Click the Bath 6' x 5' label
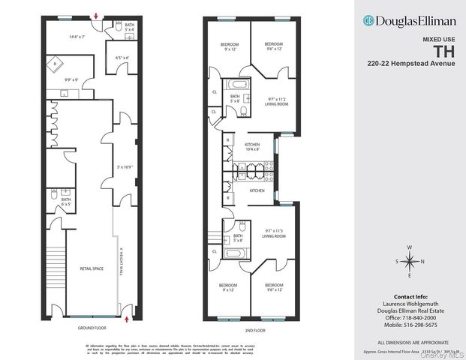(x=66, y=201)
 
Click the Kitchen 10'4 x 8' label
(x=251, y=146)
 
